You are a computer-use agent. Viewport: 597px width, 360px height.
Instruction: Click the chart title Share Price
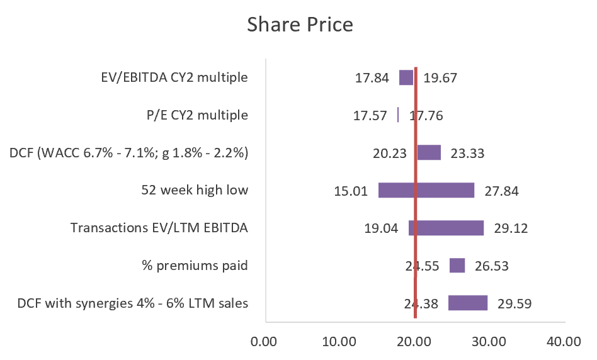click(300, 25)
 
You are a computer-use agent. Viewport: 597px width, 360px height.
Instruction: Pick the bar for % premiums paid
click(457, 266)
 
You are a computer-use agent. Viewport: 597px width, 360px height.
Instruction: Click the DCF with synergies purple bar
click(468, 303)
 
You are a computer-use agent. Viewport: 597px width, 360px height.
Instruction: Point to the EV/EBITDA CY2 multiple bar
click(406, 77)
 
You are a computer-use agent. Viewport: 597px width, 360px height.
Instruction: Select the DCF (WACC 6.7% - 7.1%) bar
click(429, 152)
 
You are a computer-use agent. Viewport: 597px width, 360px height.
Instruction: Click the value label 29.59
click(515, 303)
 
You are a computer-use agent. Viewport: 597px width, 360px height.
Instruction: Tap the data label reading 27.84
click(501, 191)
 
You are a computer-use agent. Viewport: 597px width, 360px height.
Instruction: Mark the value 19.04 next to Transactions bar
click(382, 228)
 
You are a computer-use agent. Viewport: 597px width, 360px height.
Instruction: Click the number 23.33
click(467, 153)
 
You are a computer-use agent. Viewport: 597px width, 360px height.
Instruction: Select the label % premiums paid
click(195, 266)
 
